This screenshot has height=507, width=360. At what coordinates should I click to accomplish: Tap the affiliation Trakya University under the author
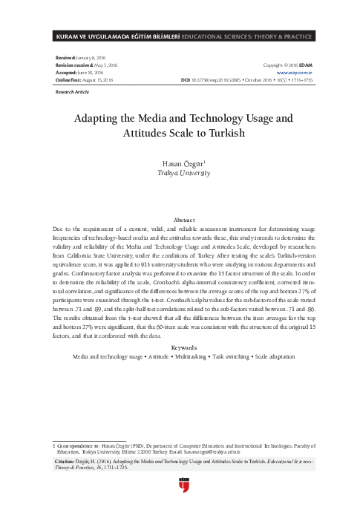point(180,171)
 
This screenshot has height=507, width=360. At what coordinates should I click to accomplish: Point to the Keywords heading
point(180,347)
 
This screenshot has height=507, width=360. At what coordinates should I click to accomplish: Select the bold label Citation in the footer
point(68,461)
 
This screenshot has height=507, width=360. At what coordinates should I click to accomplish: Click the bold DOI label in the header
point(186,79)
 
